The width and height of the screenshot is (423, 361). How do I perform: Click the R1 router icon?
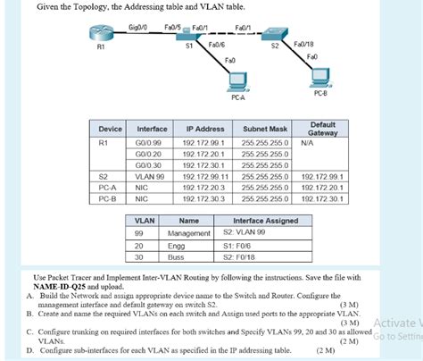click(x=99, y=35)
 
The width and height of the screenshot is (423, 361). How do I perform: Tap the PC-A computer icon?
click(x=237, y=83)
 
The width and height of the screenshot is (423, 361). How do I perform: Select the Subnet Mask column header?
click(x=265, y=128)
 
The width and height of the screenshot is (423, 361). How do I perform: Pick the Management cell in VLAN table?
click(x=188, y=232)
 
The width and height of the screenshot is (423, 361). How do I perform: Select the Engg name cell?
click(x=177, y=244)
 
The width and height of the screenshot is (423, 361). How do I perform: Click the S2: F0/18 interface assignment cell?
click(x=240, y=256)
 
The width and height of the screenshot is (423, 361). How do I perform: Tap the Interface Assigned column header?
click(x=265, y=220)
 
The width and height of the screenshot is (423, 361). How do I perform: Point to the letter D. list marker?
click(x=30, y=352)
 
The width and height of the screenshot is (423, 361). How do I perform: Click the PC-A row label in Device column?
click(x=108, y=188)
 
